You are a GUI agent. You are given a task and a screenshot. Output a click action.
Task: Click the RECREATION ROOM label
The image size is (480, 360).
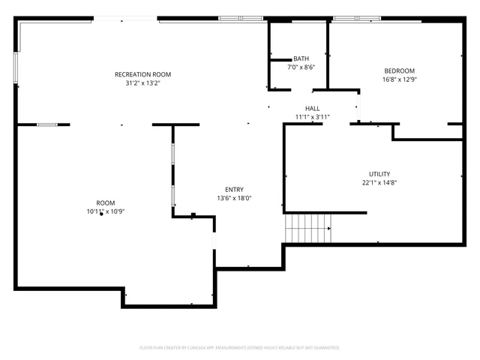click(x=142, y=74)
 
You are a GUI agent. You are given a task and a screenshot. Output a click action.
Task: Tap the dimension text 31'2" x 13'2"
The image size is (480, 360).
click(x=142, y=83)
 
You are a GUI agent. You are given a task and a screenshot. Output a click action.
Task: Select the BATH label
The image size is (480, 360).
click(x=301, y=58)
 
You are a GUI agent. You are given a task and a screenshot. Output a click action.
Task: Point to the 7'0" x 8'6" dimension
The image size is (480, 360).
click(x=301, y=67)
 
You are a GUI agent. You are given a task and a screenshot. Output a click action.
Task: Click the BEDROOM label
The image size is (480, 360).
click(x=400, y=70)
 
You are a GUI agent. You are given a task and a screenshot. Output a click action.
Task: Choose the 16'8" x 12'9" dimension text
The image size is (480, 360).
click(x=400, y=79)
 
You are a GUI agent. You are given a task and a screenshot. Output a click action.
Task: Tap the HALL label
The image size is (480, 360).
click(x=312, y=109)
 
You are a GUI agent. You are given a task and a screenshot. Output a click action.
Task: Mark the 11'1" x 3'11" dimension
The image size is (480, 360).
click(x=312, y=118)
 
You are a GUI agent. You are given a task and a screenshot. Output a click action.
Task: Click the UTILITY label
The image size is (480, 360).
click(x=379, y=174)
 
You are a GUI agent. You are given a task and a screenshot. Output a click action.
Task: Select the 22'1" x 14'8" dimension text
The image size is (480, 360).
click(x=379, y=183)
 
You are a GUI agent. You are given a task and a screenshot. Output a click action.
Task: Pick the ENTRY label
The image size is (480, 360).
click(x=234, y=190)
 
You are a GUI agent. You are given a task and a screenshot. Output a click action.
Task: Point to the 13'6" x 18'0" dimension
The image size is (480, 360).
click(x=234, y=199)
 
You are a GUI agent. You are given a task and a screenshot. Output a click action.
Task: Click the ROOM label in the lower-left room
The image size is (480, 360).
click(x=105, y=202)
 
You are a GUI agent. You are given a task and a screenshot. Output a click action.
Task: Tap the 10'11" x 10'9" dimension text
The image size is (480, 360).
click(x=105, y=211)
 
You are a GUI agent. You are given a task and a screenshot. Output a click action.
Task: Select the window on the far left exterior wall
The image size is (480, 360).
click(x=16, y=65)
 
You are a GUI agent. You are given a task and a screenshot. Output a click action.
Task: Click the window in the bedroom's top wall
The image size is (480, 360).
click(x=357, y=18)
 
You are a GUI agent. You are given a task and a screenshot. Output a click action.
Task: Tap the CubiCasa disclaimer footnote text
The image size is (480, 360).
click(x=240, y=347)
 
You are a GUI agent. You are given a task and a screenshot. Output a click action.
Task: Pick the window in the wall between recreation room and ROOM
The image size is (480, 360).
click(x=47, y=124)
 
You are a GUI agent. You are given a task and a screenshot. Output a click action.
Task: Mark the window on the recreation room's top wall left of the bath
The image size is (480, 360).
click(x=241, y=18)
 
